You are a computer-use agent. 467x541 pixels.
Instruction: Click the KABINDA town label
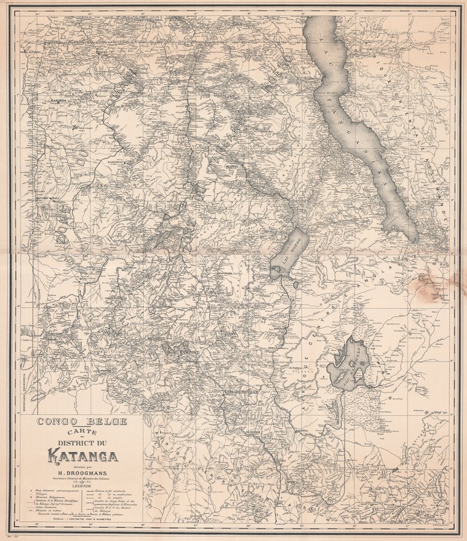58,101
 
